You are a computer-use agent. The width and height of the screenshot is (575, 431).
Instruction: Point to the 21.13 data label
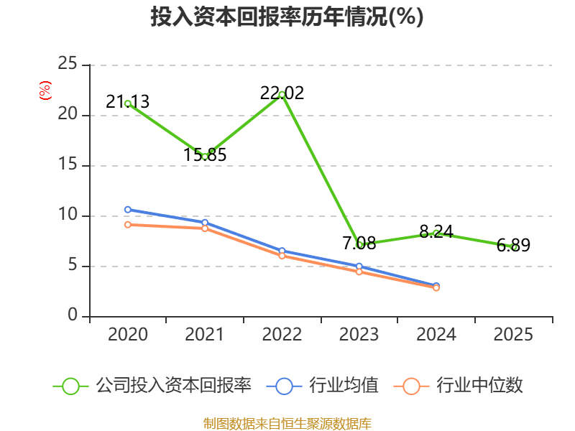pyautogui.click(x=128, y=102)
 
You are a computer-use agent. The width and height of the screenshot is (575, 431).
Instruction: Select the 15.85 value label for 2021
pyautogui.click(x=205, y=154)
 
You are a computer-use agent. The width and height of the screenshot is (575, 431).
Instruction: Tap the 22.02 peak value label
pyautogui.click(x=282, y=93)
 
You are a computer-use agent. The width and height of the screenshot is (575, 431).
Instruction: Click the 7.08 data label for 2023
pyautogui.click(x=359, y=243)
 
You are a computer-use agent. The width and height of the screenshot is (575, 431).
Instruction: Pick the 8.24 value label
pyautogui.click(x=436, y=231)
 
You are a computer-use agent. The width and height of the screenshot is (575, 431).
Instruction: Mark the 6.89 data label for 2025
pyautogui.click(x=513, y=246)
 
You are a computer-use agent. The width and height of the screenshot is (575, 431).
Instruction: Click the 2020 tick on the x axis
pyautogui.click(x=128, y=335)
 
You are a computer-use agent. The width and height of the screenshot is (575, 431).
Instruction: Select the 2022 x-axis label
pyautogui.click(x=282, y=335)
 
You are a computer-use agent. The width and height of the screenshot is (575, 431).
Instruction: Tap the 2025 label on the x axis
pyautogui.click(x=513, y=335)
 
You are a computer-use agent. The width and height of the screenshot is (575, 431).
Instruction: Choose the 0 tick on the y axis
pyautogui.click(x=73, y=316)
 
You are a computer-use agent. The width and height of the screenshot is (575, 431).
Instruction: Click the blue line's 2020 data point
pyautogui.click(x=128, y=210)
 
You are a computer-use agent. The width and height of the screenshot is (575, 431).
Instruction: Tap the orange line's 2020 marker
pyautogui.click(x=128, y=225)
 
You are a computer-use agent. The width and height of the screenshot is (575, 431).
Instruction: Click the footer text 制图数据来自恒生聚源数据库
pyautogui.click(x=287, y=423)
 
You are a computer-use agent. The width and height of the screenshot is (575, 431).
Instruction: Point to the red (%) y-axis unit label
pyautogui.click(x=45, y=91)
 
